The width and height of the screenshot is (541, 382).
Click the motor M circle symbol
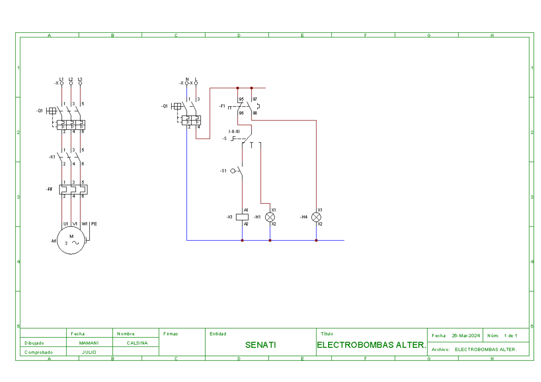[71, 241]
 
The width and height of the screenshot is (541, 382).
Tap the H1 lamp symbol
[270, 217]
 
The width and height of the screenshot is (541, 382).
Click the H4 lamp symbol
[316, 217]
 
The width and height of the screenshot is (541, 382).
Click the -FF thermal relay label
[49, 190]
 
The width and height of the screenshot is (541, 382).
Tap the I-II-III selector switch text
[234, 131]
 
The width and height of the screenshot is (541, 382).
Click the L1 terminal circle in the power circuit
[62, 83]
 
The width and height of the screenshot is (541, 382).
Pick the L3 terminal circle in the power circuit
[80, 83]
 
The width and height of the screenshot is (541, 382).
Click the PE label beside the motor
[94, 224]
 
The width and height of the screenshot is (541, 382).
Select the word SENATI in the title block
[261, 346]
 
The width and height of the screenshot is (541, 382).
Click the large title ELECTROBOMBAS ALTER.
[371, 346]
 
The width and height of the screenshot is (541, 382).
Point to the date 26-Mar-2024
[466, 336]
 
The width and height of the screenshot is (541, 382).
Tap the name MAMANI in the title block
[89, 343]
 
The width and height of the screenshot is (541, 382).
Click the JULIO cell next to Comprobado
[89, 352]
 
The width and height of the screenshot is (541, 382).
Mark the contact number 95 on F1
[241, 99]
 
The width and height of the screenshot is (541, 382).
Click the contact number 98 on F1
[255, 113]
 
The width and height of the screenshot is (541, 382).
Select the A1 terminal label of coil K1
[246, 210]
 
